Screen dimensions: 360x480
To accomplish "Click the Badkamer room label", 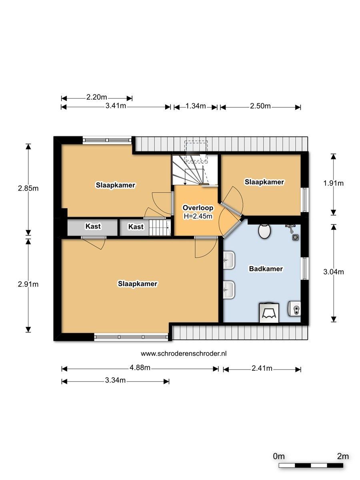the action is (x=266, y=269).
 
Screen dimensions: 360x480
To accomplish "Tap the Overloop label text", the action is (x=198, y=208).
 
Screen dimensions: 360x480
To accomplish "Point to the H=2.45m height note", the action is (x=198, y=216).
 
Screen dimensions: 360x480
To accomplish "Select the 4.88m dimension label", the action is (x=140, y=368).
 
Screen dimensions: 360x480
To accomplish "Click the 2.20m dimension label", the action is (x=97, y=97).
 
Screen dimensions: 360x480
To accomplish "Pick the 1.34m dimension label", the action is (x=196, y=106).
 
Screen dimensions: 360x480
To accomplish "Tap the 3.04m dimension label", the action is (x=333, y=272).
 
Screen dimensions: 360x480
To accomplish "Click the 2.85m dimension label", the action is (x=28, y=188).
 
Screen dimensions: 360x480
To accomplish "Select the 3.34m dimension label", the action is (x=116, y=380).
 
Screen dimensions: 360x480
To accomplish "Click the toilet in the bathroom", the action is (x=264, y=231).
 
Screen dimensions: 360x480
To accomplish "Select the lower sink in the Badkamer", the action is (x=229, y=290).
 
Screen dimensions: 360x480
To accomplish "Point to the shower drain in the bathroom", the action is (x=296, y=238).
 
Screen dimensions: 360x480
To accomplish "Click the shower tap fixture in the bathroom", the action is (x=290, y=228).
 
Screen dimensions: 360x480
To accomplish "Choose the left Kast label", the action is (x=93, y=226).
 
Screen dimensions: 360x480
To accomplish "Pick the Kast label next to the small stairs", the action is (x=136, y=226).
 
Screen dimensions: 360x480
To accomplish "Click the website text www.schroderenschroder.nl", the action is (x=184, y=354).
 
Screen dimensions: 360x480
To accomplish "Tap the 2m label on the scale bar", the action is (x=343, y=456).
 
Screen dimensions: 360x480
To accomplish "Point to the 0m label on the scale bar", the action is (x=279, y=456).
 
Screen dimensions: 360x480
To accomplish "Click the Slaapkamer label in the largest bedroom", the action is (x=138, y=284).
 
